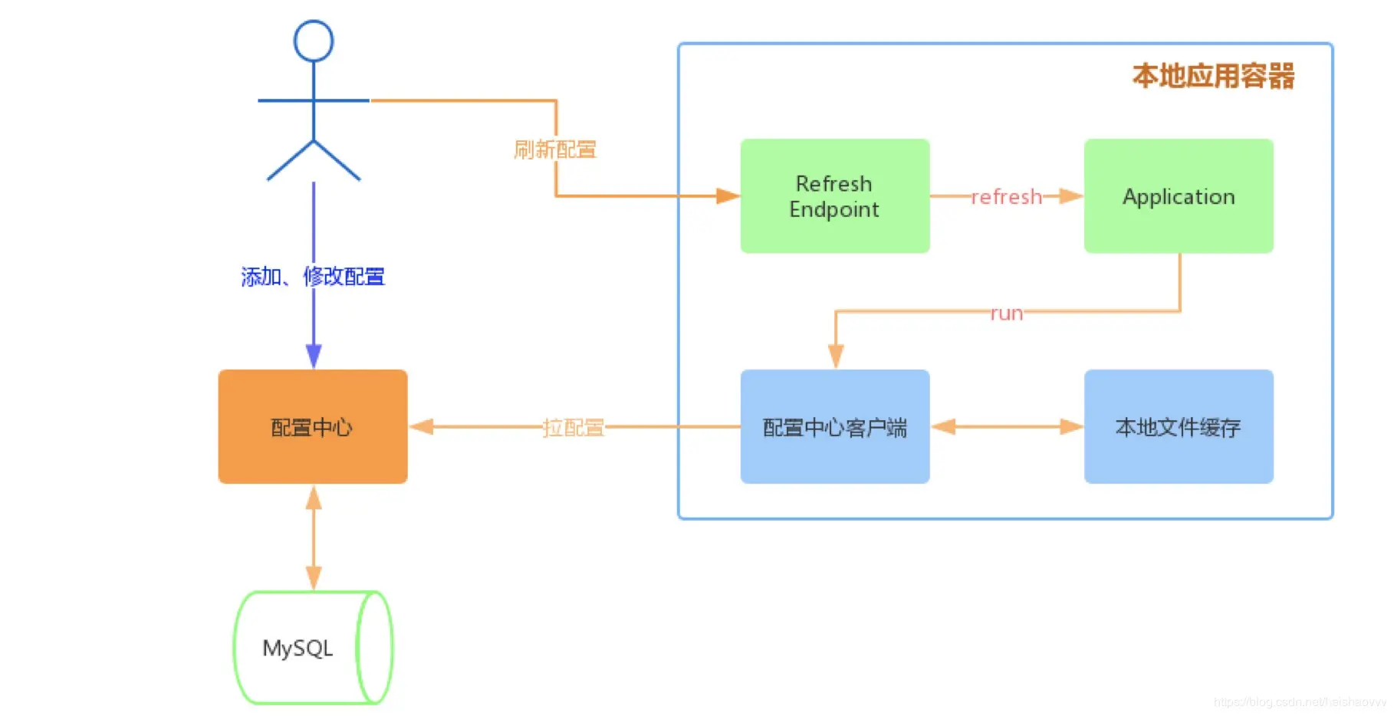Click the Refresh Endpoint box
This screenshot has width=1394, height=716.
tap(834, 196)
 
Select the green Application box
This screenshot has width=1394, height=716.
tap(1179, 196)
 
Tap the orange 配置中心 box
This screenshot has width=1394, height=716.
tap(312, 427)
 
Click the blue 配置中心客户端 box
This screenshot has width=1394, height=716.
tap(834, 427)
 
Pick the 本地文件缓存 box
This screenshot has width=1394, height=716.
tap(1179, 427)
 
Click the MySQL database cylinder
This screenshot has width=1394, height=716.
tap(312, 648)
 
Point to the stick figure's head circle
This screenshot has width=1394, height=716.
tap(314, 41)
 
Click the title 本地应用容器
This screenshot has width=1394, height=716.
tap(1213, 76)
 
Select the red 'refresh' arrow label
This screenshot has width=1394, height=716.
tap(1006, 197)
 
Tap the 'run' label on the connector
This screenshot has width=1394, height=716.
tap(1006, 313)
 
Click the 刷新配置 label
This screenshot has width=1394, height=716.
tap(555, 149)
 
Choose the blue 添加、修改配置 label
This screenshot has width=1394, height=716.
tap(313, 276)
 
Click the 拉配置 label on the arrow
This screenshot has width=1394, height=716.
tap(573, 427)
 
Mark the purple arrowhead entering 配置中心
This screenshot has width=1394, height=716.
tap(314, 356)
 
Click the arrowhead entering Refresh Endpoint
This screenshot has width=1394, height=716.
tap(727, 196)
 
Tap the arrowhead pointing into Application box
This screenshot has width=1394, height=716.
tap(1070, 196)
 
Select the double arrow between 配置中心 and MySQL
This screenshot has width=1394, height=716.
tap(314, 537)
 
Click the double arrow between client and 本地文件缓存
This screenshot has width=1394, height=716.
tap(1007, 427)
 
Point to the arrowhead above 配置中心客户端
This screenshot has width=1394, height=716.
tap(836, 356)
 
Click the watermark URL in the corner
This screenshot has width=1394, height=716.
tap(1299, 701)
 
